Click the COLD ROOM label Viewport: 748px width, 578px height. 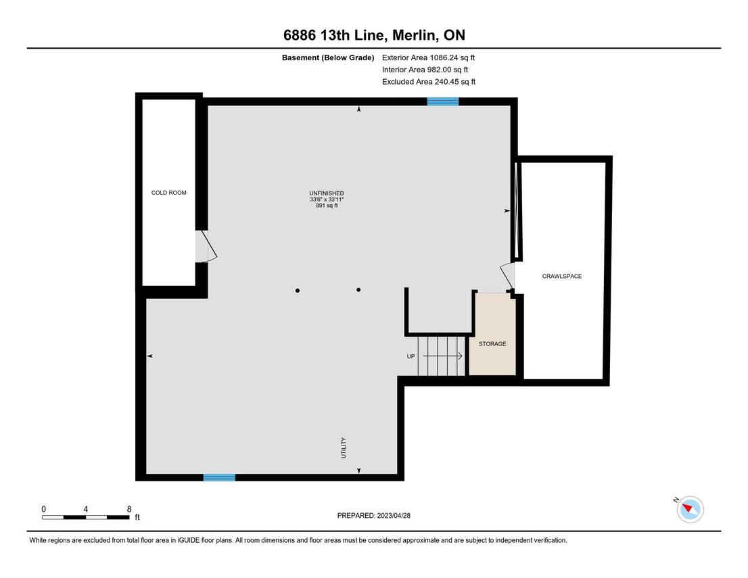[x=169, y=193]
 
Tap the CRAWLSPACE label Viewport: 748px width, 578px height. [x=562, y=276]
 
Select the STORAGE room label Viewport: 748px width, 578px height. [x=492, y=344]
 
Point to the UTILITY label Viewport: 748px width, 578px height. [x=344, y=448]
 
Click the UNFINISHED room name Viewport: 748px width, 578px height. [x=327, y=193]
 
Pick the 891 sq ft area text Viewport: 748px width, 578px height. [x=327, y=206]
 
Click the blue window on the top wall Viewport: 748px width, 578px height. [x=443, y=101]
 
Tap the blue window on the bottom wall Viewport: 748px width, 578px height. [x=219, y=477]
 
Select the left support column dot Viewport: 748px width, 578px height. [x=298, y=291]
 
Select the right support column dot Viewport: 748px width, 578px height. [x=358, y=289]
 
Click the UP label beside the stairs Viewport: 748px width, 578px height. [x=411, y=356]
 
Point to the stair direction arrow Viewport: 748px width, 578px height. [x=443, y=356]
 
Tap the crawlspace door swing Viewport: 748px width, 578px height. [x=507, y=276]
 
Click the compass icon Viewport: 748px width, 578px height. [x=691, y=509]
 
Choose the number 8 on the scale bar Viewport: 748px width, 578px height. [x=128, y=509]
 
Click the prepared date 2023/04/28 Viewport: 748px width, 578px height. [x=394, y=516]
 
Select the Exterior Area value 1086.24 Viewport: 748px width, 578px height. [x=444, y=57]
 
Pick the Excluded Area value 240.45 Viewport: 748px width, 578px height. [x=446, y=82]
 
